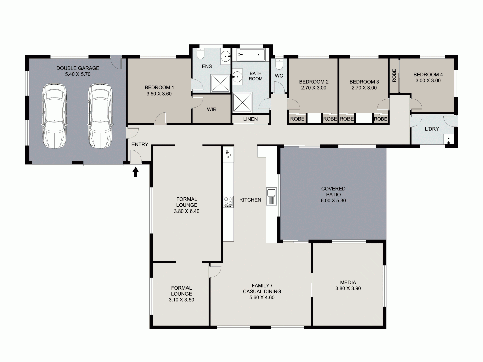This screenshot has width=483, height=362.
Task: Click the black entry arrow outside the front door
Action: click(136, 172)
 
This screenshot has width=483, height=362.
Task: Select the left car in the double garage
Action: click(54, 116)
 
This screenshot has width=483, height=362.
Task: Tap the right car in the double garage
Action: click(100, 116)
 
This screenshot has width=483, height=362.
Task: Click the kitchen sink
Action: click(271, 193)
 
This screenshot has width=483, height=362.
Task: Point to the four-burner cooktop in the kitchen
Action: click(228, 201)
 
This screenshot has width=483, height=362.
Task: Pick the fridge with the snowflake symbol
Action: click(229, 154)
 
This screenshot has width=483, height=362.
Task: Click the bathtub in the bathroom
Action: click(251, 55)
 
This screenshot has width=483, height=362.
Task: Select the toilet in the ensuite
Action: click(201, 54)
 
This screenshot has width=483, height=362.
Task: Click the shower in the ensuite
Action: click(220, 82)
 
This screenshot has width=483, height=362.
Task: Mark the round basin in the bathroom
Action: click(238, 76)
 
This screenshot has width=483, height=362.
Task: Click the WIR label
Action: click(212, 109)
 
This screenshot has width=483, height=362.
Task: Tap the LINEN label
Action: click(250, 119)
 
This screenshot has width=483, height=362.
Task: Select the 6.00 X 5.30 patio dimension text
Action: click(333, 201)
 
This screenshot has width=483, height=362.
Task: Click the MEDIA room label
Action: click(348, 282)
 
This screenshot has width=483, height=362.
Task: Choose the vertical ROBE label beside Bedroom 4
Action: click(394, 76)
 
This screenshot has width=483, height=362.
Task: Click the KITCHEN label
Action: click(250, 200)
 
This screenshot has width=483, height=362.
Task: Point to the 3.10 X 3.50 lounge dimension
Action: click(181, 300)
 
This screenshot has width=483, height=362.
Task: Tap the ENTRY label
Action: click(140, 144)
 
